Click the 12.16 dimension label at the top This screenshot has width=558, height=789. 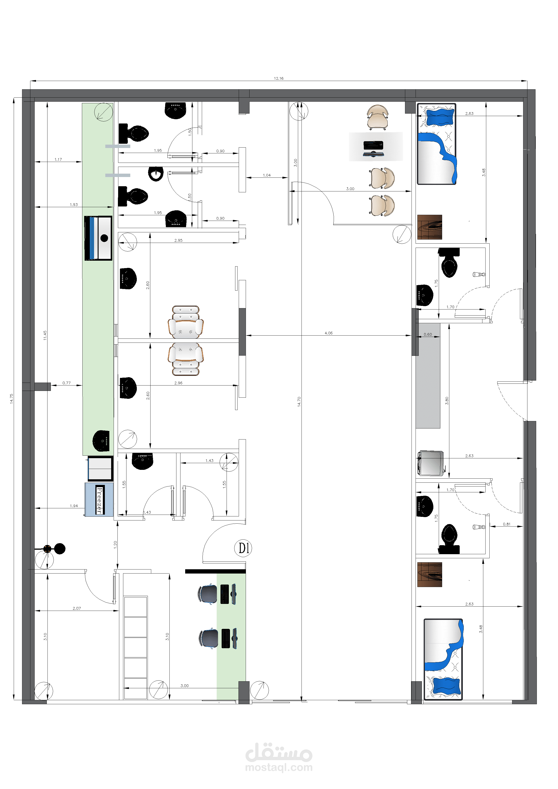pyautogui.click(x=279, y=78)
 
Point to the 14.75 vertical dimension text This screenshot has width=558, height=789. pyautogui.click(x=11, y=399)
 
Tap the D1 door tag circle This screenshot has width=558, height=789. pyautogui.click(x=243, y=548)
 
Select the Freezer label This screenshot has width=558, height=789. pyautogui.click(x=100, y=500)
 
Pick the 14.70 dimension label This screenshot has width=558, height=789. pyautogui.click(x=299, y=402)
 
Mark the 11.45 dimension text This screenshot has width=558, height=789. pyautogui.click(x=45, y=335)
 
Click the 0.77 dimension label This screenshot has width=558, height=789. pyautogui.click(x=66, y=383)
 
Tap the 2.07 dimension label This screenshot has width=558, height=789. pyautogui.click(x=77, y=608)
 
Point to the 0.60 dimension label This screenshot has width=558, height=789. pyautogui.click(x=428, y=334)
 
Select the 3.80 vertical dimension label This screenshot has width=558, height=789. pyautogui.click(x=447, y=401)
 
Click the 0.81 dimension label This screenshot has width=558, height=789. pyautogui.click(x=506, y=524)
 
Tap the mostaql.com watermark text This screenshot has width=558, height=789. pyautogui.click(x=279, y=767)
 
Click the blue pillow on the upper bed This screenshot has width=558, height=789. pyautogui.click(x=440, y=117)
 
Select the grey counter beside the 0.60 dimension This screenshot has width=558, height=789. pyautogui.click(x=428, y=375)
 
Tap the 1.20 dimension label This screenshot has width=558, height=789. pyautogui.click(x=115, y=544)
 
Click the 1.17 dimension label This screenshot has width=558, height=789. pyautogui.click(x=58, y=159)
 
